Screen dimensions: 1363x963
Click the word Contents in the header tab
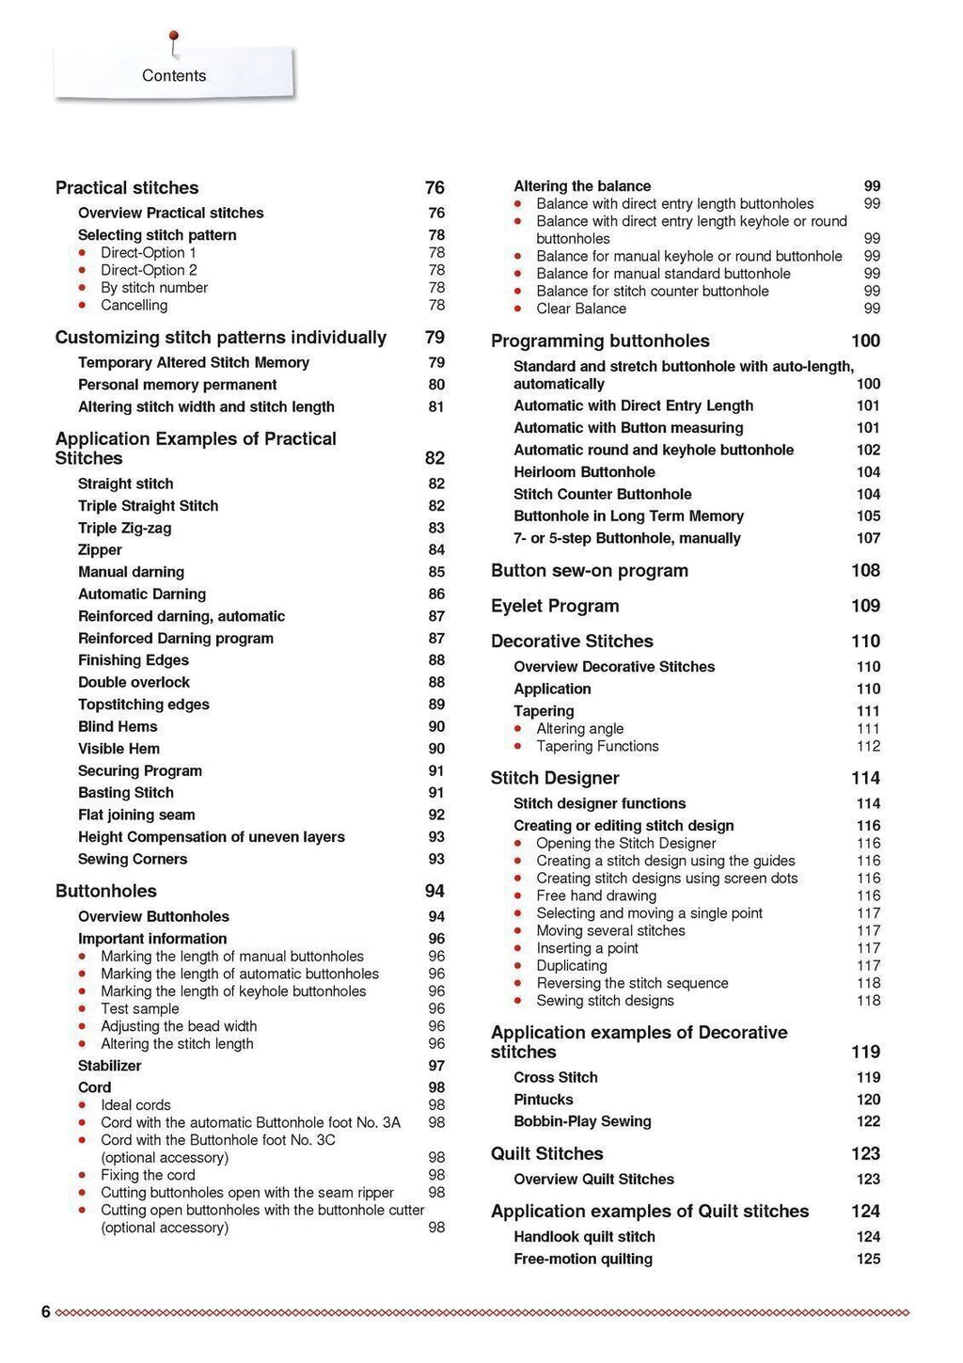tap(174, 75)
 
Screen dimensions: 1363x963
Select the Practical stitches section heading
tap(127, 188)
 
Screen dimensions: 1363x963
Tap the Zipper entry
tap(100, 550)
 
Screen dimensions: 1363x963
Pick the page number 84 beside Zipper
tap(436, 550)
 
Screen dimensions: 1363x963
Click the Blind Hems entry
tap(118, 727)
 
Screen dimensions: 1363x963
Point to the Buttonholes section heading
tap(106, 891)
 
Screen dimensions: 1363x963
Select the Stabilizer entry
tap(109, 1066)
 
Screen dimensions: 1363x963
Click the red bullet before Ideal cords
tap(83, 1105)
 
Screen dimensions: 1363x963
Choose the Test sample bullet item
tap(139, 1008)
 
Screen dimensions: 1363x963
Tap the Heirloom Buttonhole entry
tap(584, 472)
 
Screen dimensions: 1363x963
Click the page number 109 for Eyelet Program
tap(865, 606)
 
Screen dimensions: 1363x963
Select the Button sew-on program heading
tap(590, 571)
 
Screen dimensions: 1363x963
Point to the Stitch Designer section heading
tap(555, 778)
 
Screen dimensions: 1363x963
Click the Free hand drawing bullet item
tap(596, 895)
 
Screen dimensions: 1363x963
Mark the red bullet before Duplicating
tap(518, 966)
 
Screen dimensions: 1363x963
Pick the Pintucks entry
tap(544, 1100)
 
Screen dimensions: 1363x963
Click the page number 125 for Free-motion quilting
tap(868, 1259)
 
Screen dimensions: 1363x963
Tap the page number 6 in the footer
tap(46, 1312)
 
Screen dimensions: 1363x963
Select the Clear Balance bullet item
tap(581, 309)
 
